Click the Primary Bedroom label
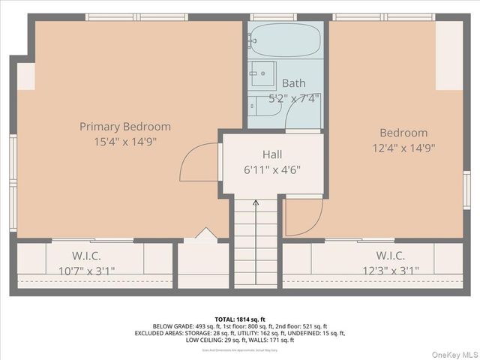[125, 127]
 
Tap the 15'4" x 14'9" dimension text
[125, 141]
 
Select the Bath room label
[293, 83]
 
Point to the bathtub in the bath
[286, 40]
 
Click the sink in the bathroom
[262, 75]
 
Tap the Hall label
[272, 154]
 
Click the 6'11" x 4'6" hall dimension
[272, 169]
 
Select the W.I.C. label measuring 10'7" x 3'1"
[87, 255]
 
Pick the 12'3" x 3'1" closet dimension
[391, 270]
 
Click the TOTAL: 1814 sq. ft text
[239, 319]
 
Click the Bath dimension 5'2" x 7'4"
[295, 97]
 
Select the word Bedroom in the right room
[403, 133]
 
